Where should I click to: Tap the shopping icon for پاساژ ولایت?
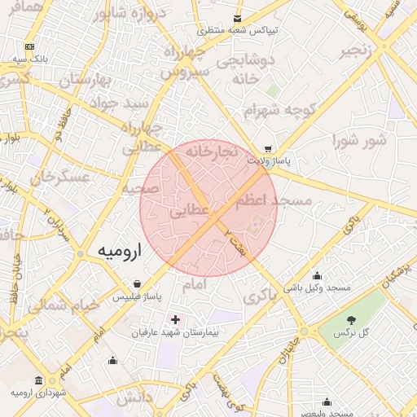click(268, 149)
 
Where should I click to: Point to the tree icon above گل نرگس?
click(352, 320)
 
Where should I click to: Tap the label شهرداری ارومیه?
click(37, 393)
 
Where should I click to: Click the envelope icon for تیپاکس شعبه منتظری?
click(238, 18)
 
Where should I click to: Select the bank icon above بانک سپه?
click(30, 47)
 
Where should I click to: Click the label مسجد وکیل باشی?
click(317, 288)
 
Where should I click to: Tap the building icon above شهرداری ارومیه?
click(38, 380)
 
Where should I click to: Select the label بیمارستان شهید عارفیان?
click(177, 332)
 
